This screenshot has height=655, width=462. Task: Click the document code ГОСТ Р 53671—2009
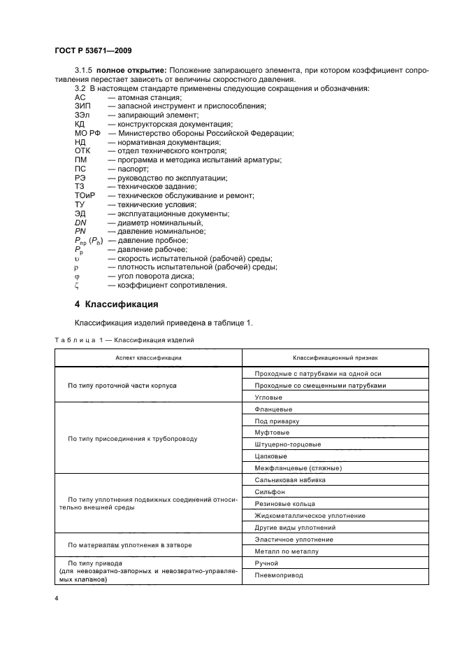pos(93,50)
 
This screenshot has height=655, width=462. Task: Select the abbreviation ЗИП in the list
pos(82,106)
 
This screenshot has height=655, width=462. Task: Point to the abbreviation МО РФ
pos(87,133)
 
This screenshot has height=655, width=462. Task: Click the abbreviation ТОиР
pos(85,196)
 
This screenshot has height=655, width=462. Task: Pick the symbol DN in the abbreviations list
pos(80,223)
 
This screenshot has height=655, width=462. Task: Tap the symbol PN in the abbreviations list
pos(80,232)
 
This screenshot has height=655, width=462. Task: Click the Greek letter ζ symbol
pos(77,286)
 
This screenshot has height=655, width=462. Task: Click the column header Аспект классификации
pos(148,358)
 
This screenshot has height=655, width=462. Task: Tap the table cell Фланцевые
pos(274,409)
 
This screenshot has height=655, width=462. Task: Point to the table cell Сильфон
pos(270,491)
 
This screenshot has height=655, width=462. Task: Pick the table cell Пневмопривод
pos(278,575)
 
